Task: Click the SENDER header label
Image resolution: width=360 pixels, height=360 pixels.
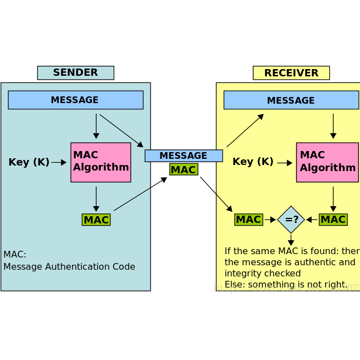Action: (x=75, y=73)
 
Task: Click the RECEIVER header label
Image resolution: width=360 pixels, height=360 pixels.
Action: (x=291, y=73)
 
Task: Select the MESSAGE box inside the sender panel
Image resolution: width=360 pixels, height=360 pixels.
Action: (x=75, y=100)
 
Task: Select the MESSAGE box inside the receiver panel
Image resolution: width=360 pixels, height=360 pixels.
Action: (x=291, y=100)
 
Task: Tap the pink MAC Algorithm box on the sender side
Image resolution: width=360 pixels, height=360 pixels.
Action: (x=100, y=162)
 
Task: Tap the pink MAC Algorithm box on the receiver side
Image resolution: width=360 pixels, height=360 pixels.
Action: (x=327, y=162)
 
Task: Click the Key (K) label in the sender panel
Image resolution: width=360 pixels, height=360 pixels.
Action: (x=28, y=162)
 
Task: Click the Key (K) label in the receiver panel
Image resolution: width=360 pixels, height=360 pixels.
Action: (x=253, y=162)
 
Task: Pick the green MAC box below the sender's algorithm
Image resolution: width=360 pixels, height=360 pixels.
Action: (x=96, y=220)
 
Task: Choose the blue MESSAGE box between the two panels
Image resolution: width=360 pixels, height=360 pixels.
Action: (x=183, y=156)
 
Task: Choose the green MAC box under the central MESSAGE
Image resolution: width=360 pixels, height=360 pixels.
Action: (x=183, y=169)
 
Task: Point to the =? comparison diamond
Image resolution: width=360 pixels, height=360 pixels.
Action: (x=291, y=220)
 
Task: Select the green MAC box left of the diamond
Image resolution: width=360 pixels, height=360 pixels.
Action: (x=248, y=220)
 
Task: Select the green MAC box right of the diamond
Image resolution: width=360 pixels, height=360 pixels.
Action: (x=333, y=220)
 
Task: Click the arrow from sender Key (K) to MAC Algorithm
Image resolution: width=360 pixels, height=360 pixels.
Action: (x=59, y=163)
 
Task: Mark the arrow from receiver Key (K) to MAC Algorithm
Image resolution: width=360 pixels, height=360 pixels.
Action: (x=285, y=163)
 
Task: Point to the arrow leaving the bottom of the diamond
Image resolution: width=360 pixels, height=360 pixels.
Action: (x=291, y=240)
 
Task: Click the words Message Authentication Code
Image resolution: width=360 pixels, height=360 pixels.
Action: (x=69, y=267)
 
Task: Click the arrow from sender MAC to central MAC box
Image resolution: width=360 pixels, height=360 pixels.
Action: (x=140, y=194)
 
